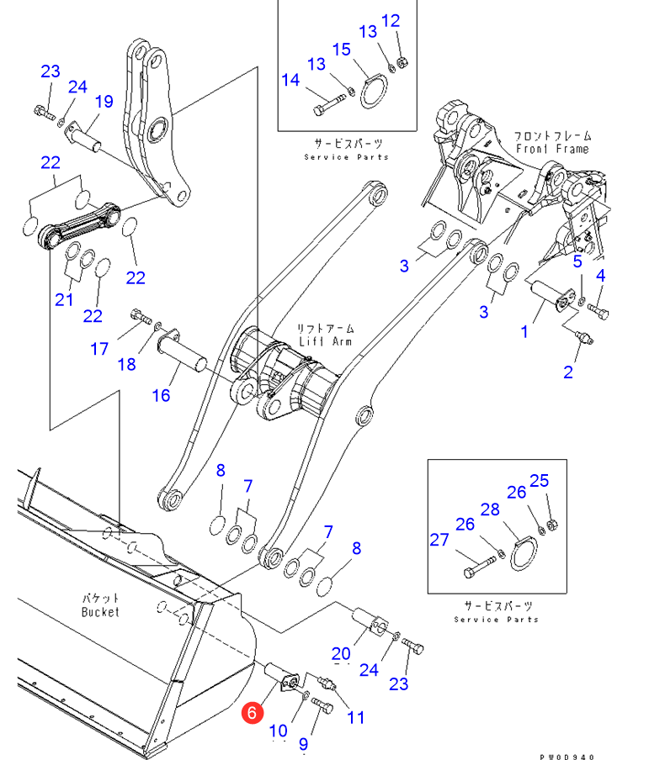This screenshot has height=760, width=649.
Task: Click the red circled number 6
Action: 251,713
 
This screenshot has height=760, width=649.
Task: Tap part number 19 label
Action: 103,102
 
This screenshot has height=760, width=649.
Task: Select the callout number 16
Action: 161,395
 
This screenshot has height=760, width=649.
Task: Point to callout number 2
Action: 568,372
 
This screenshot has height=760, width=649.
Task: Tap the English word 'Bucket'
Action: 100,612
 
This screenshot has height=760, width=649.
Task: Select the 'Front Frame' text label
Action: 552,149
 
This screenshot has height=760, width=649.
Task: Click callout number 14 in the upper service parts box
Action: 290,80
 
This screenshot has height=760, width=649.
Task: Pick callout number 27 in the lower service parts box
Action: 439,540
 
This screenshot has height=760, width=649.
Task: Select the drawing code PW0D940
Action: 567,756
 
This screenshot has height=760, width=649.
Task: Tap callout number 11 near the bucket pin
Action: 356,717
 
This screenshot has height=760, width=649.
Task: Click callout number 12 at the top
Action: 391,21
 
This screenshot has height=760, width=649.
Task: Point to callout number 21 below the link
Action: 65,299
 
